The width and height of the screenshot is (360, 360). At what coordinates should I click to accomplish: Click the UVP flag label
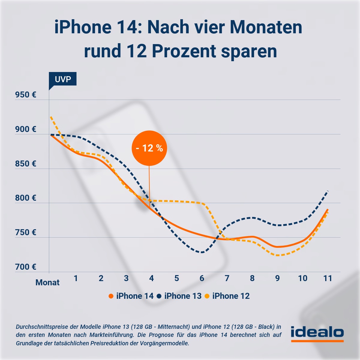tap(63, 79)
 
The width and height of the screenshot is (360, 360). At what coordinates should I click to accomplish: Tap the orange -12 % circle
tap(149, 148)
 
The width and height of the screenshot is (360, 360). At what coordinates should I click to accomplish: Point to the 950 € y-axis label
tap(25, 95)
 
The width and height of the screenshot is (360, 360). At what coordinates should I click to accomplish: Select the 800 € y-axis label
tap(25, 198)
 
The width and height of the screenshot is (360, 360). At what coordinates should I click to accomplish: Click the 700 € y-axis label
tap(25, 267)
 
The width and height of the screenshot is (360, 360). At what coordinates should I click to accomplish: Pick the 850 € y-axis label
tap(25, 164)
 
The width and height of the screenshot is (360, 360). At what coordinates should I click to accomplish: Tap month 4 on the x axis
tap(151, 278)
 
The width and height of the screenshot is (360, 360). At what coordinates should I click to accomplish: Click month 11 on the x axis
tap(328, 278)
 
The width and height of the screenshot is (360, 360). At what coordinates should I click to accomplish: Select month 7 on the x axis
tap(227, 278)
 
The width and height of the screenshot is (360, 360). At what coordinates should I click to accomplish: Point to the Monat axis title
tap(47, 283)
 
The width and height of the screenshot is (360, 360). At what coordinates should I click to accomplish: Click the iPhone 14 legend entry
tap(131, 296)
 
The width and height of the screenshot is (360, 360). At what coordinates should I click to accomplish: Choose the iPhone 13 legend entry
tap(179, 296)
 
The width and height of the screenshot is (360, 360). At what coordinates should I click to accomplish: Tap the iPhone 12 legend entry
tap(227, 296)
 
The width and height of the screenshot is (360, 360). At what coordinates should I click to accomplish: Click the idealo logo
tap(317, 333)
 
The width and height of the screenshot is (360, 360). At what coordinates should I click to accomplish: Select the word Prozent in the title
tap(184, 51)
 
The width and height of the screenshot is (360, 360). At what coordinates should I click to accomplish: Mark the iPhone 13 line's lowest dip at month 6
tap(202, 252)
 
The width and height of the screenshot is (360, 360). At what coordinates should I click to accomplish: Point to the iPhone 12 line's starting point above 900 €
tap(51, 117)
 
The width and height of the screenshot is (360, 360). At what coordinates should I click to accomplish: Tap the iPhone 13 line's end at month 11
tap(328, 191)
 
